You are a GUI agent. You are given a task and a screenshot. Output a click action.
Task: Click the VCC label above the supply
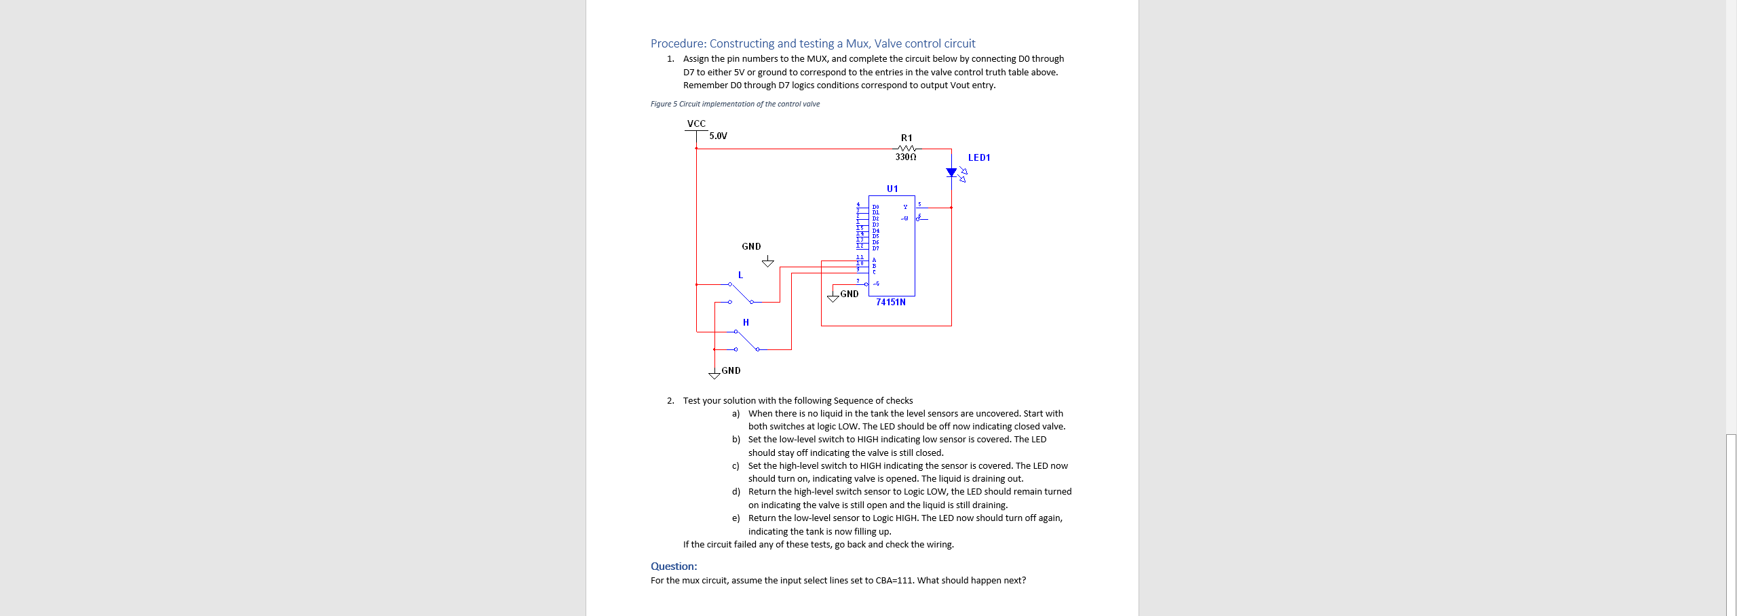696,123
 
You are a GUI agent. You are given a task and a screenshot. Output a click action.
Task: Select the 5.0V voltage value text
718,136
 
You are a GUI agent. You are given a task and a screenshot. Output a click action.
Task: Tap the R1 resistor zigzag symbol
906,149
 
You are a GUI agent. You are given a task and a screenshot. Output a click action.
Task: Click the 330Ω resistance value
906,157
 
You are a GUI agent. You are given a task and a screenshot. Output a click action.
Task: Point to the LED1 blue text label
978,157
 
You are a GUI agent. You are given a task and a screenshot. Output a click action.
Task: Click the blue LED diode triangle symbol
951,172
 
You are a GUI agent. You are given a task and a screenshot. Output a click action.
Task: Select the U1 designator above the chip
892,189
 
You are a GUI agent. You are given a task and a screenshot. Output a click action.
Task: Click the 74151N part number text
890,302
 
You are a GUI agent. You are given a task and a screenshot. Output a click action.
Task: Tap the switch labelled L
741,292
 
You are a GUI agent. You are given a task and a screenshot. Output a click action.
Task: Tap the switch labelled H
746,340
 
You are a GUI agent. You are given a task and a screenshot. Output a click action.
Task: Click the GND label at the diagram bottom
731,370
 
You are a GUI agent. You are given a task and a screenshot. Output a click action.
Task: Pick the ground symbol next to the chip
833,297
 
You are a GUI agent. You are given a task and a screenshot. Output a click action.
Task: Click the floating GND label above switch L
751,246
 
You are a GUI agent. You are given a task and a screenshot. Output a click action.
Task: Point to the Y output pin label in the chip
905,207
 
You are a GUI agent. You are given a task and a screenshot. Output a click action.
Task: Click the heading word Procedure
668,43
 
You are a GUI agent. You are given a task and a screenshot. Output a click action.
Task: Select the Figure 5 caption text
735,104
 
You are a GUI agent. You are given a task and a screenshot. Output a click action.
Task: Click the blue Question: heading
673,566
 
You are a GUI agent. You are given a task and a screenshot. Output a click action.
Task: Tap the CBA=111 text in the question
894,580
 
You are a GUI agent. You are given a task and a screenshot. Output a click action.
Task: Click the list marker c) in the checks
736,465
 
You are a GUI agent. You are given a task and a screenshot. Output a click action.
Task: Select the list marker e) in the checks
736,518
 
